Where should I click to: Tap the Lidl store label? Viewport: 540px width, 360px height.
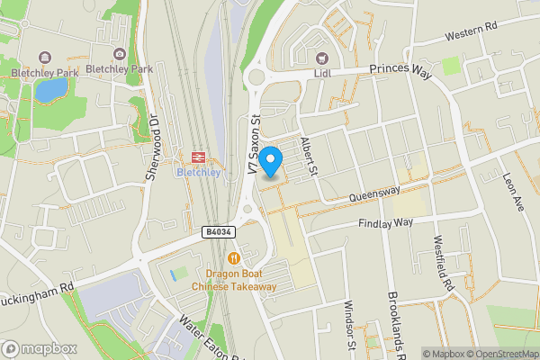tap(323, 73)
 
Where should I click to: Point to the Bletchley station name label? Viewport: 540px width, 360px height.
tap(198, 173)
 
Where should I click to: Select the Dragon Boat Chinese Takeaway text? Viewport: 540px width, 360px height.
tap(234, 280)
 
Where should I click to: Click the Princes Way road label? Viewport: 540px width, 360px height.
tap(400, 69)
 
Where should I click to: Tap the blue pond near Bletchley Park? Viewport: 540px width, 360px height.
tap(50, 89)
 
